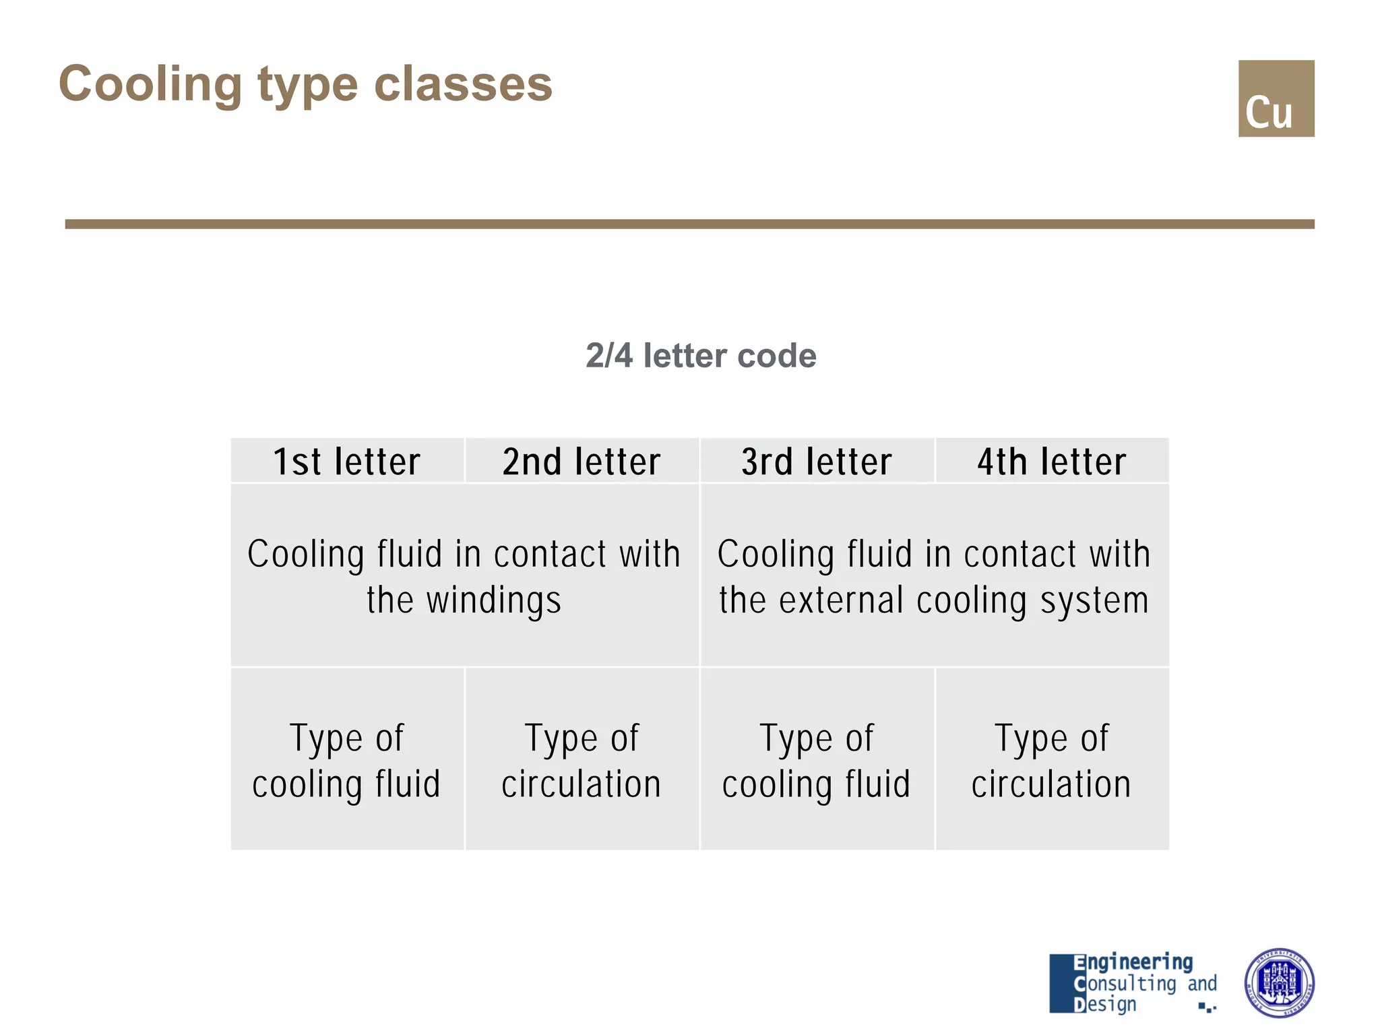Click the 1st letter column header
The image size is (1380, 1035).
click(347, 462)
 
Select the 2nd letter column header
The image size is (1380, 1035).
click(582, 462)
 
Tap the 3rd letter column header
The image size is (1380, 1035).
click(817, 462)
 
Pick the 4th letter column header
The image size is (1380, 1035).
click(1052, 462)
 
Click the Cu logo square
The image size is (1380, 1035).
click(1276, 98)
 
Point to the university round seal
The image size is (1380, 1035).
click(1278, 982)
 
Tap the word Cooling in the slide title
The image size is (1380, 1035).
click(150, 84)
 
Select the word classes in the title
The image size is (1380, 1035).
click(463, 84)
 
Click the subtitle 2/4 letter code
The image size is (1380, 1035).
click(701, 355)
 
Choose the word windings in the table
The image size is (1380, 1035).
click(493, 600)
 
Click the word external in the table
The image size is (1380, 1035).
click(841, 600)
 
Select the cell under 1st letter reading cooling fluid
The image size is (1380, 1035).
click(347, 760)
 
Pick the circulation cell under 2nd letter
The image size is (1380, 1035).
click(582, 760)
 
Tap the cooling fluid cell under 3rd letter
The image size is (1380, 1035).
click(817, 760)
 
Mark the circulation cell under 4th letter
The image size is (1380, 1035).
click(1052, 760)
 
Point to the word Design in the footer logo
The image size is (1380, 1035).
click(1105, 1004)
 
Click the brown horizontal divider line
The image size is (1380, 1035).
click(689, 224)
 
